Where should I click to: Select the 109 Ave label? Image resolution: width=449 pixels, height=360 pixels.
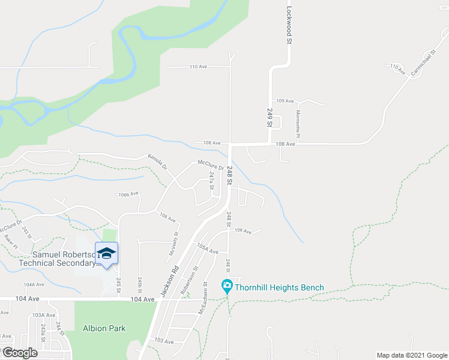285,101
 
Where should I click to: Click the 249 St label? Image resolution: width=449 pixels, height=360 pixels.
270,117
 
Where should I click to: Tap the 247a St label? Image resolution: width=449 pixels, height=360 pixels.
211,181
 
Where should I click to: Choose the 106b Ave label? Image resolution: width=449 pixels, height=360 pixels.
128,194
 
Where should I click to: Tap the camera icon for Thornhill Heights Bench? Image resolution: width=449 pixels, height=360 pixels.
227,287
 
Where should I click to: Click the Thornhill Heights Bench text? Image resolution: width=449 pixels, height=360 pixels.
279,288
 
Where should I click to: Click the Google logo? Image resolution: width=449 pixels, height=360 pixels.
21,352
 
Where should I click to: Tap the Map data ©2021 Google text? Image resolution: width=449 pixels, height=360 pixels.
411,355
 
